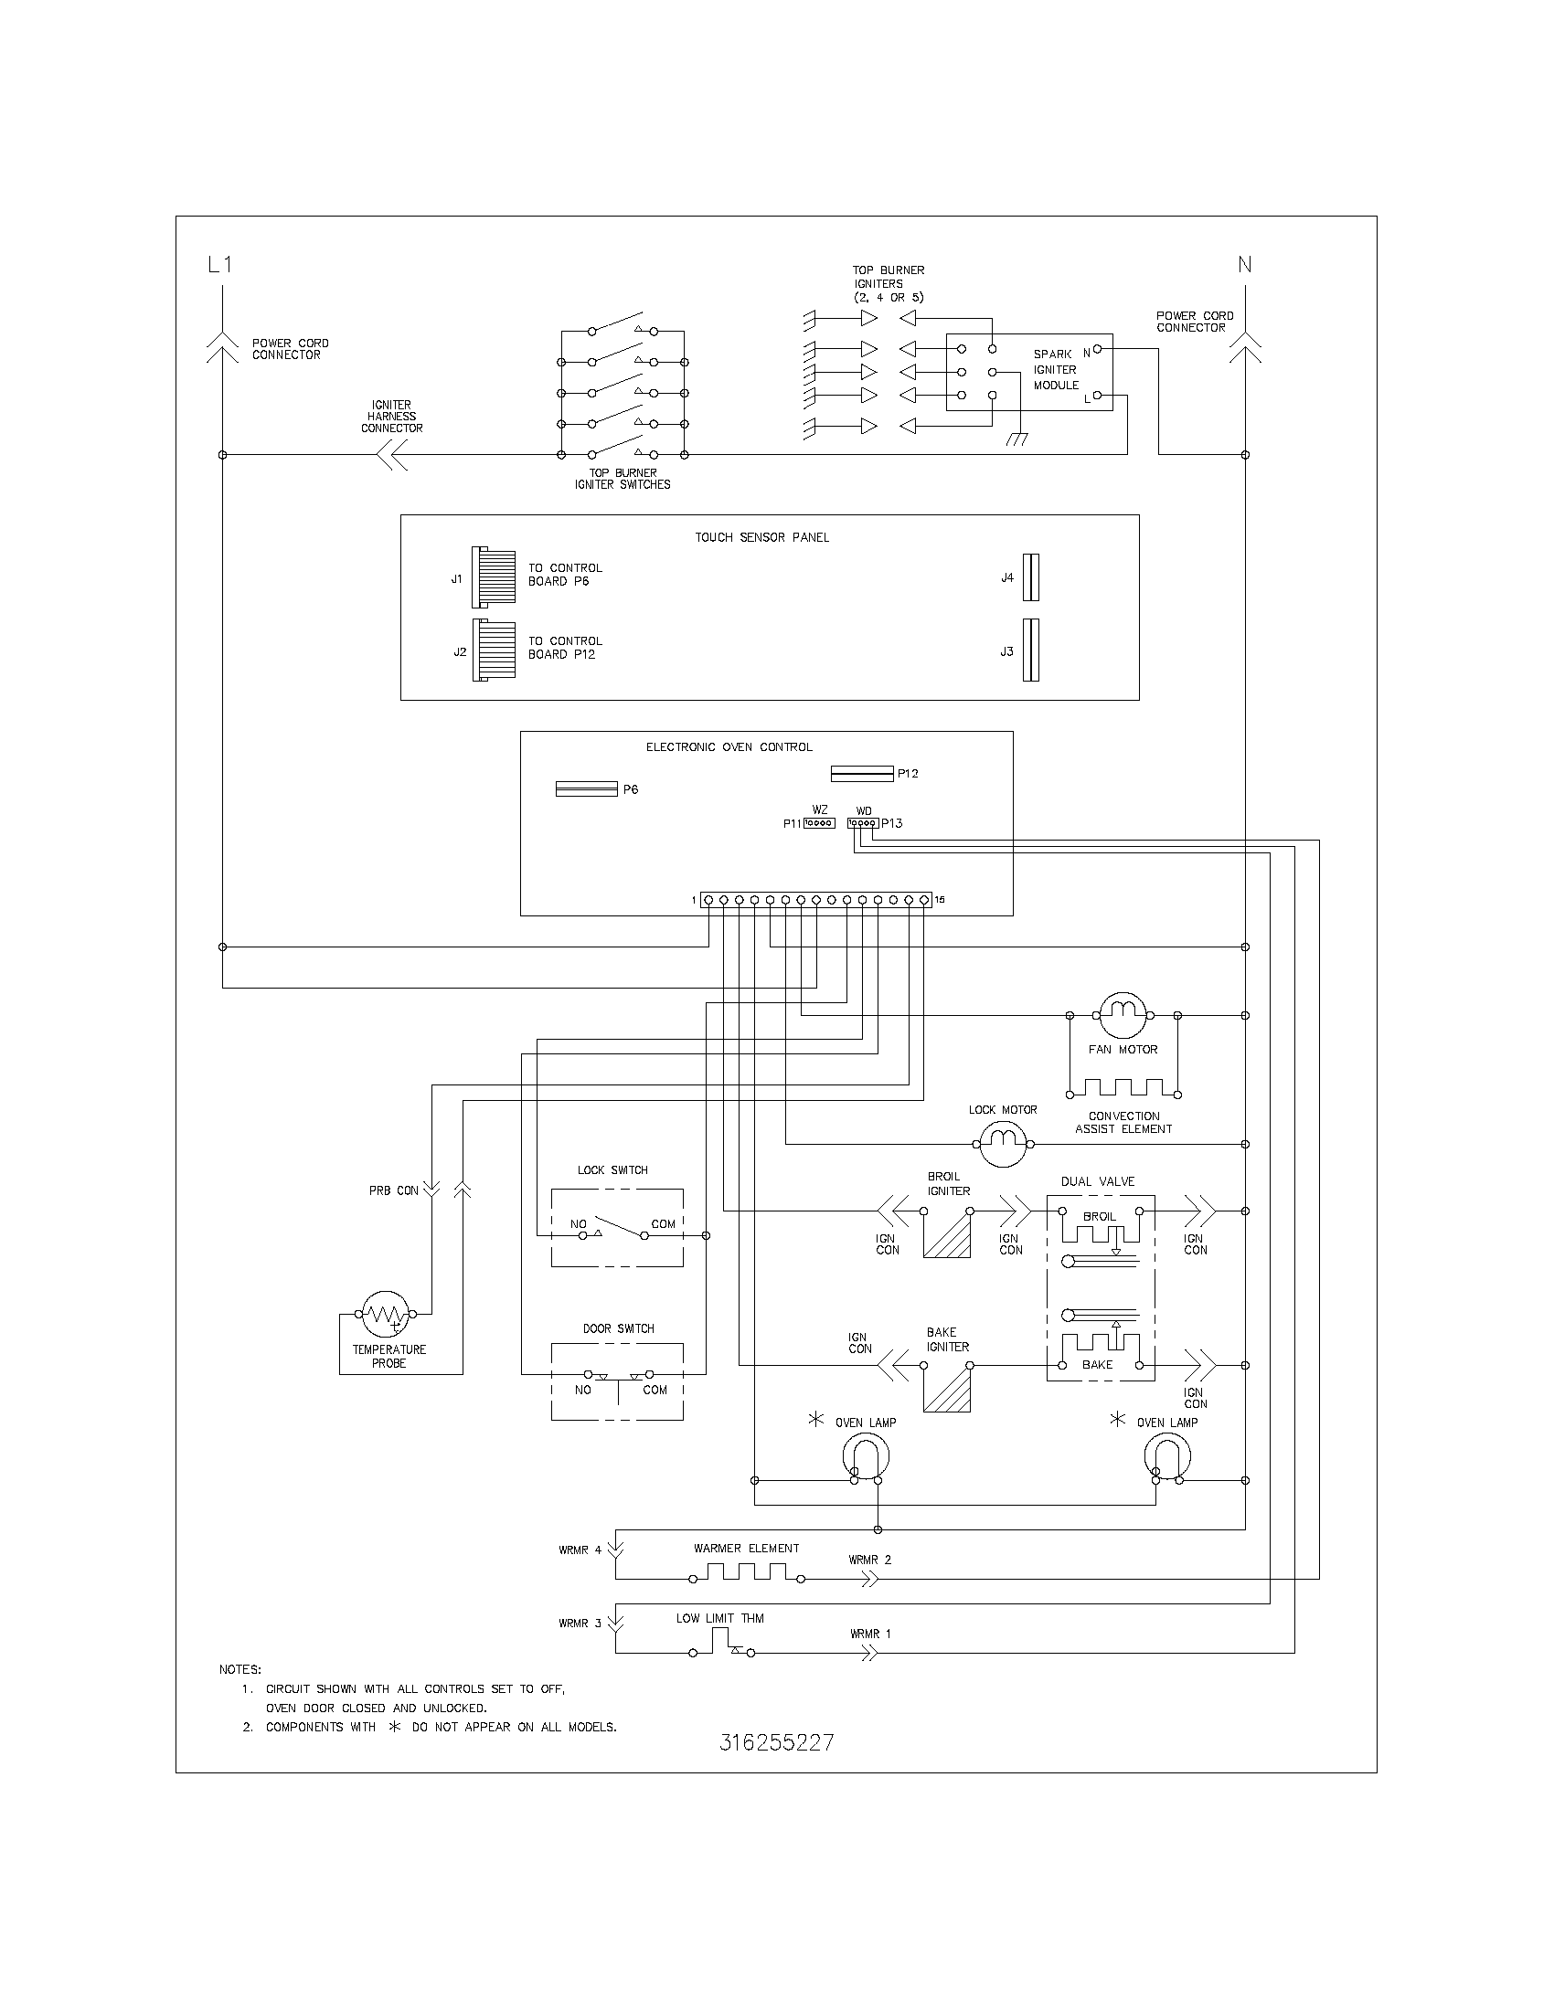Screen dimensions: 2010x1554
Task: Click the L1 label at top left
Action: [x=220, y=265]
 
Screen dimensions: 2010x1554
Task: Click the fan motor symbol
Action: [x=1123, y=1015]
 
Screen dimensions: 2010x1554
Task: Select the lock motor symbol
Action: [x=1003, y=1144]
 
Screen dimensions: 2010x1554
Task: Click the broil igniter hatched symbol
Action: [x=947, y=1234]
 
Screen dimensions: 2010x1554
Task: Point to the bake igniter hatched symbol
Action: [x=947, y=1388]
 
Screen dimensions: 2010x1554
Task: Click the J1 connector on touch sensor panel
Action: [x=494, y=577]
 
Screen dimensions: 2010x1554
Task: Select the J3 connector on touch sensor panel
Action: [x=1031, y=650]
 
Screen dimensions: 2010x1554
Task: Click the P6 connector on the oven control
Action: [x=587, y=788]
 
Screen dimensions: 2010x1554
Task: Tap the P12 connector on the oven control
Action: [x=862, y=773]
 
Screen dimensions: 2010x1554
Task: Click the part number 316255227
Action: [x=777, y=1742]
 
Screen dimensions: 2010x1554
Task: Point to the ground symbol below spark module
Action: [x=1016, y=441]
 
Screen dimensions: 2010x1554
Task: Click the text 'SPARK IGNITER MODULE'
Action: [x=1055, y=369]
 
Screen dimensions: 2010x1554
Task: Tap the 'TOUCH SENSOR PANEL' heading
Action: [x=761, y=537]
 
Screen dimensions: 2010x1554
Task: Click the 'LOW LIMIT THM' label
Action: [x=720, y=1618]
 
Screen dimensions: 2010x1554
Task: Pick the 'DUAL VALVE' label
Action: [x=1097, y=1180]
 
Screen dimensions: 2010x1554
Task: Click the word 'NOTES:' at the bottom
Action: [x=240, y=1668]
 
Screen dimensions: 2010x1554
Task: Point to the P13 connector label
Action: [x=892, y=823]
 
